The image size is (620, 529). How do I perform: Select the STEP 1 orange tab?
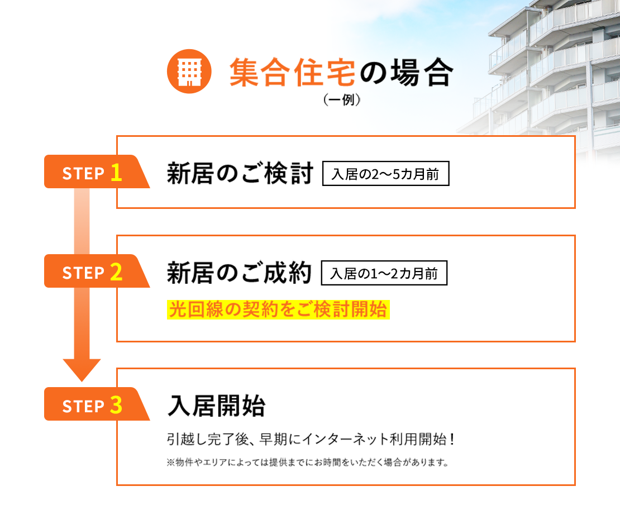[92, 172]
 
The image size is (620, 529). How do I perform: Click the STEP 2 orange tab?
[92, 271]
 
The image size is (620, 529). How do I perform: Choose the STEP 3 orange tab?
[92, 404]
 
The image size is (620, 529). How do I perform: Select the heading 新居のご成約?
[239, 274]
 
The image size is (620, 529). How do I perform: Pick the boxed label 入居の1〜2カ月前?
[384, 274]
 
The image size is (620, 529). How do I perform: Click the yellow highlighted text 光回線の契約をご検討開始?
[278, 309]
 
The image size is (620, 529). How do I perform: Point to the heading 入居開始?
[217, 406]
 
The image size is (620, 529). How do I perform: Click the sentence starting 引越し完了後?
[312, 439]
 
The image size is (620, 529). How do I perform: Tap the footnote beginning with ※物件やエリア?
[308, 463]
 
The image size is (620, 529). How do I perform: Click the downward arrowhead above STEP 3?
[82, 369]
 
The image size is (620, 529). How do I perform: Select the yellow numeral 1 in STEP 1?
[116, 173]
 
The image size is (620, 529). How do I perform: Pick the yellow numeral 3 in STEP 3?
[116, 405]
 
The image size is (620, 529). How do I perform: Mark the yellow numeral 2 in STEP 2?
[116, 272]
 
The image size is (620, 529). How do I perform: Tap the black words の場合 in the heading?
[404, 73]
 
